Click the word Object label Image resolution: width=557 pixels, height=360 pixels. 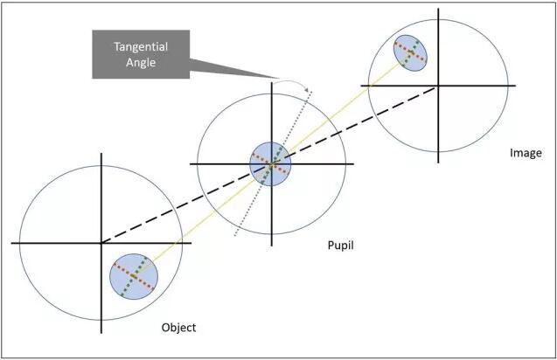[178, 328]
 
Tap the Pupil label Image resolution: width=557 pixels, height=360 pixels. [340, 247]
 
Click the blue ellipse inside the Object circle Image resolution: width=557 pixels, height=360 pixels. [134, 277]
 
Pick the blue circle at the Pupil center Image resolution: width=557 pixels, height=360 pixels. [271, 163]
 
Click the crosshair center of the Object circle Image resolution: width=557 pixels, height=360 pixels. [101, 243]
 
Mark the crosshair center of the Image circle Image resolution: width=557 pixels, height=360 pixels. [437, 85]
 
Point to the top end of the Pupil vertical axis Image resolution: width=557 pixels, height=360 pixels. [272, 81]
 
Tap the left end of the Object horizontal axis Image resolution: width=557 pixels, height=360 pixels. [12, 243]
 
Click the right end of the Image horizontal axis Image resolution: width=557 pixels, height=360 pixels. [516, 85]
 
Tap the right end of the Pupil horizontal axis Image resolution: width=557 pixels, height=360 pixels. [353, 163]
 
